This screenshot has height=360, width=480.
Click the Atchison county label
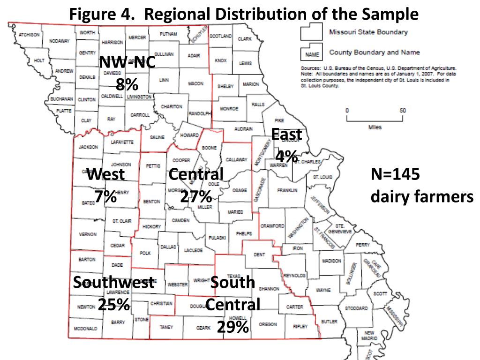tap(30, 35)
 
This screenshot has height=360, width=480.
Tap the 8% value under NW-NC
tap(127, 85)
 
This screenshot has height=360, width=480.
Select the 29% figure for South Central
tap(232, 327)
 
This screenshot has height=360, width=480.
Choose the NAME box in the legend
tap(309, 54)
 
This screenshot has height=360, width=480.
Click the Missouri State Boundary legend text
tap(368, 32)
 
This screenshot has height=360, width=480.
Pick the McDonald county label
tap(86, 329)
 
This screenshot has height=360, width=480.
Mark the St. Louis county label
tap(322, 177)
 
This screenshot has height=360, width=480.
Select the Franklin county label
tap(287, 191)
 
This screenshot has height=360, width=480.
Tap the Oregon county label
tap(268, 324)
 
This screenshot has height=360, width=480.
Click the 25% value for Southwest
tap(114, 305)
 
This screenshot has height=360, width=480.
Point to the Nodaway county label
tap(60, 41)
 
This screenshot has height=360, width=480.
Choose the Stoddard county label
tap(357, 308)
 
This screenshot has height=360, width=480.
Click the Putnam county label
tap(168, 34)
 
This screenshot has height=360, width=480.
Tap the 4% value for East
tap(286, 156)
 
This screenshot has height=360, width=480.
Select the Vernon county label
tap(88, 234)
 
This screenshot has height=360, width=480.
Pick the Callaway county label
tap(237, 160)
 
